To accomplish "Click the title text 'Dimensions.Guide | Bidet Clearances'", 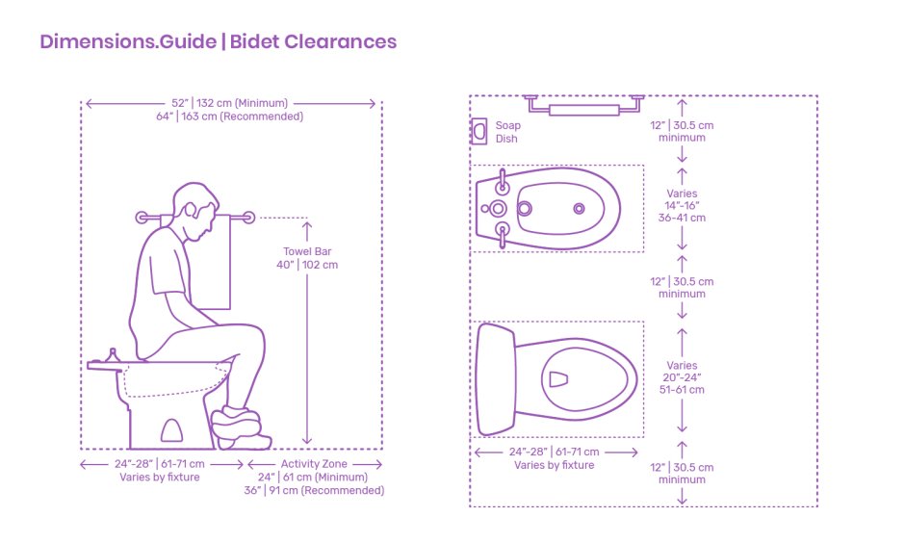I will [218, 41].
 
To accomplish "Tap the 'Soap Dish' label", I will [506, 132].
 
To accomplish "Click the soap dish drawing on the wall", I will [478, 132].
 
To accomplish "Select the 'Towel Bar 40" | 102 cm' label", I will [310, 258].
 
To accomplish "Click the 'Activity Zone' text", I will [314, 464].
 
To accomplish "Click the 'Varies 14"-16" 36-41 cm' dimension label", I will [682, 205].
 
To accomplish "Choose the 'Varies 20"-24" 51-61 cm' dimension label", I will [682, 377].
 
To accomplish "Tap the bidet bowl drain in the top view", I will [579, 208].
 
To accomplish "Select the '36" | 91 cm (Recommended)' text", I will [314, 490].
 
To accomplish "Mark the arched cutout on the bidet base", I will [175, 430].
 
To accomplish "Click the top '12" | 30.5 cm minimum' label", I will [682, 131].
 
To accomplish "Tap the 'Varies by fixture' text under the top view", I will [554, 465].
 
